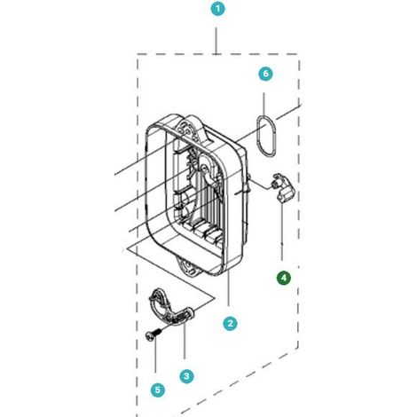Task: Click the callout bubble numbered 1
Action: (218, 9)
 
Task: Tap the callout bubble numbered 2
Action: (230, 323)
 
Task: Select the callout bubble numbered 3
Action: (186, 376)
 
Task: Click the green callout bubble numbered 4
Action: (284, 278)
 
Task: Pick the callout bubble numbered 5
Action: (157, 389)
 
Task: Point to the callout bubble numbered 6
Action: (265, 74)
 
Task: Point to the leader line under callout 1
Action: (216, 41)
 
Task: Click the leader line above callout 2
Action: (229, 287)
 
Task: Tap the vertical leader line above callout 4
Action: (282, 232)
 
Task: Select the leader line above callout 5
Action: (155, 357)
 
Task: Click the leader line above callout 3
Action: (184, 341)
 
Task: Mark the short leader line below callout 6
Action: (264, 105)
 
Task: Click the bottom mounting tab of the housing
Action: (189, 266)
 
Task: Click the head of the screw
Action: (149, 337)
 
